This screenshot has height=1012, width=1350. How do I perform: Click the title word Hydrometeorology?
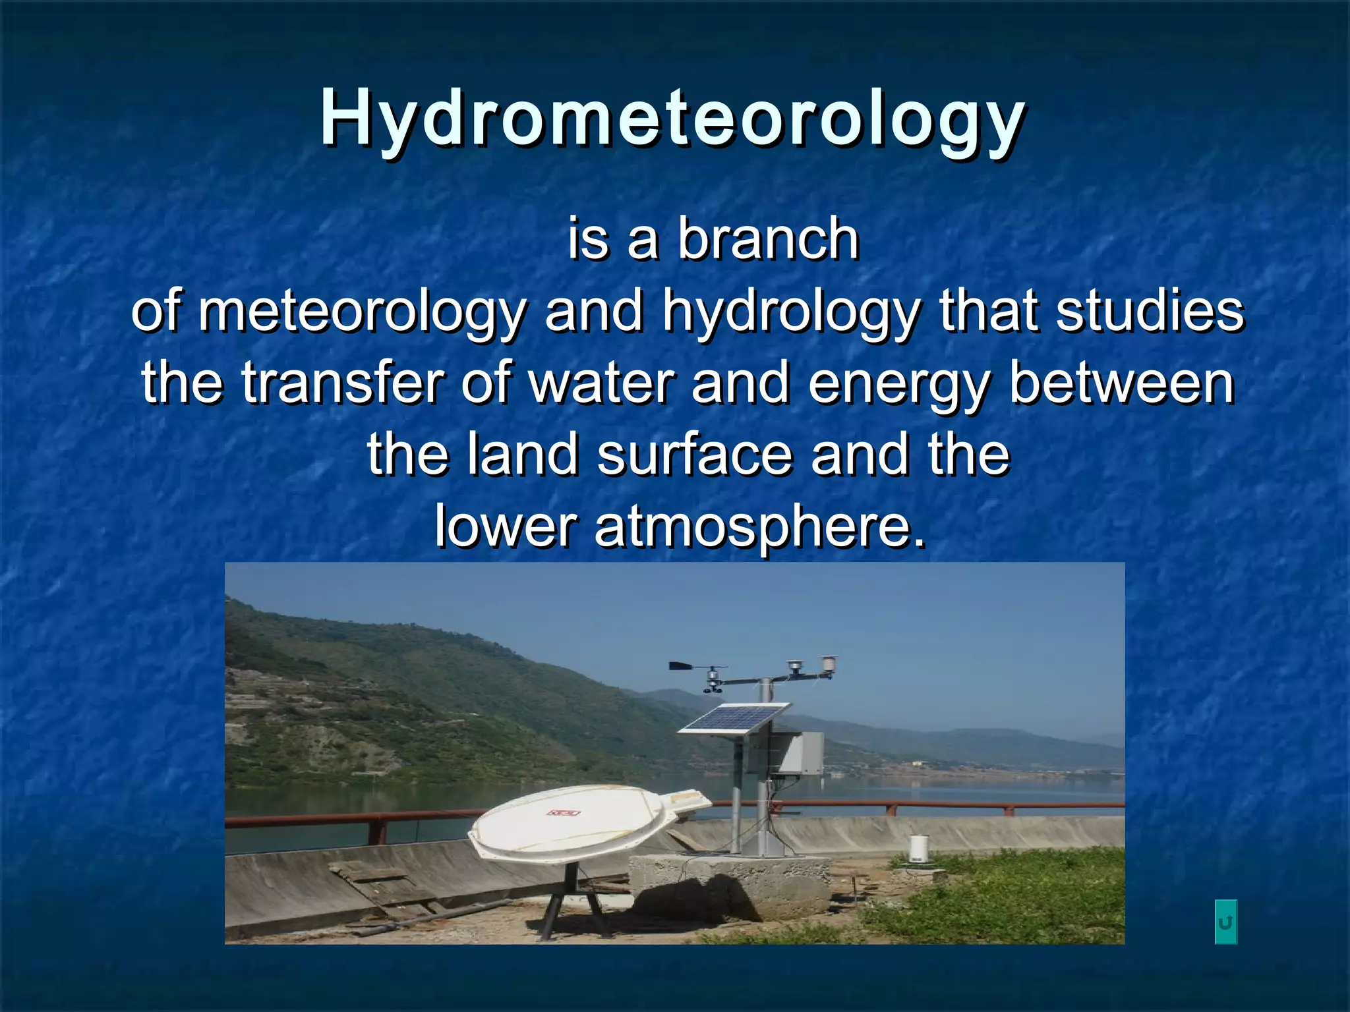pyautogui.click(x=672, y=119)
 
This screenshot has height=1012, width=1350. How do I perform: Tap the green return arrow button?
pyautogui.click(x=1225, y=922)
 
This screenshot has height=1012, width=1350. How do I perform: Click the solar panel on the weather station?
pyautogui.click(x=734, y=719)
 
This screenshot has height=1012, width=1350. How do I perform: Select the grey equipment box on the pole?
pyautogui.click(x=801, y=752)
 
